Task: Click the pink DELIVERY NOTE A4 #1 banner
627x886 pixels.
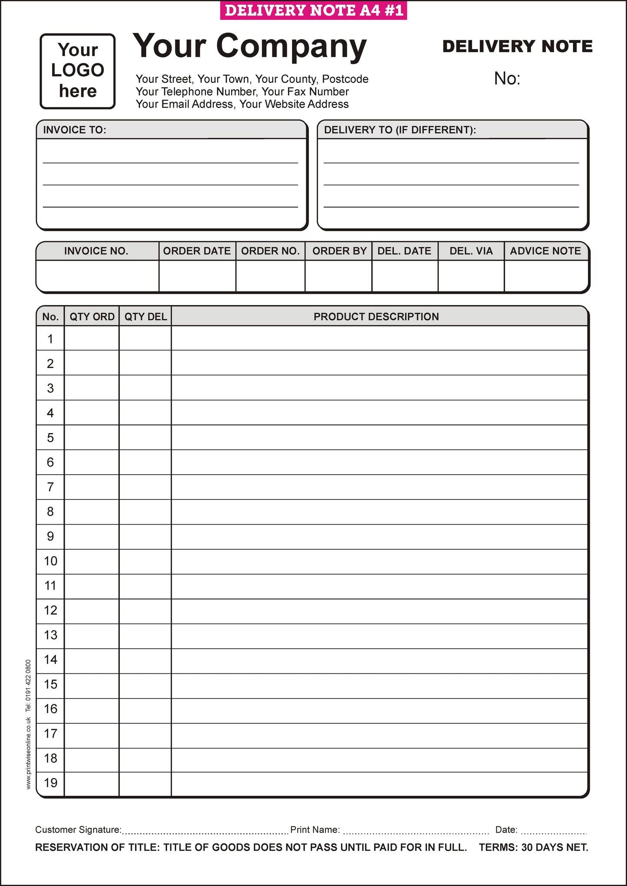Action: [x=313, y=10]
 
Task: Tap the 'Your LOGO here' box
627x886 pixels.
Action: [x=78, y=71]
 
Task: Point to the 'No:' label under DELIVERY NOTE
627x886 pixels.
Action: [x=507, y=79]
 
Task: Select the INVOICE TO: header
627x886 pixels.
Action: [x=75, y=130]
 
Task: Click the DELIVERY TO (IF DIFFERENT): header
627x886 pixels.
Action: [x=400, y=130]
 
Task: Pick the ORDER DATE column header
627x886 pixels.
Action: [x=197, y=251]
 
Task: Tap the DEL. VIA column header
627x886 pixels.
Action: [x=471, y=251]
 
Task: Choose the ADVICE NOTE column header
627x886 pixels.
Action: [x=545, y=251]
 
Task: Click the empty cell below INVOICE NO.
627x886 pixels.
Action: [x=98, y=276]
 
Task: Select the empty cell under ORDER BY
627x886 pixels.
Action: [x=338, y=276]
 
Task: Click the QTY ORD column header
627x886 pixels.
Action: [x=92, y=317]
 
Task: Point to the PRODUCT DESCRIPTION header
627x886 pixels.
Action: [x=376, y=317]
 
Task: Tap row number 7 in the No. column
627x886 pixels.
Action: [x=50, y=487]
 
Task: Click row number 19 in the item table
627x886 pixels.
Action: [x=50, y=783]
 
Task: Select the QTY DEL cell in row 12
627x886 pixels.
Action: [x=145, y=611]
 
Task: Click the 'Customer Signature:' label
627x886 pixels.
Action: [x=78, y=830]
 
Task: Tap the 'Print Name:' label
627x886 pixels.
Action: [x=315, y=830]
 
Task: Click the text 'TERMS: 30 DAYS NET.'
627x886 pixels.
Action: [x=533, y=847]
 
